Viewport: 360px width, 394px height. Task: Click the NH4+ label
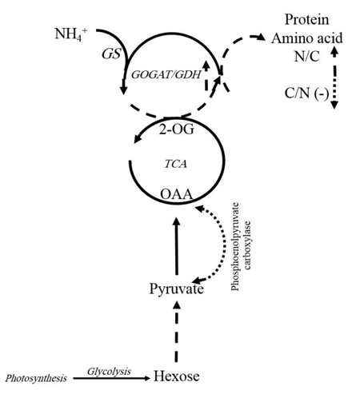click(70, 34)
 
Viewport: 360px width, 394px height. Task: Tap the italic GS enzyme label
click(111, 54)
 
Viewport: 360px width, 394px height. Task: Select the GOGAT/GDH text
click(166, 75)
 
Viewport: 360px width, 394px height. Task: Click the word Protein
click(306, 19)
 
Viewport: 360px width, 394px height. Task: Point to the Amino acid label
click(307, 38)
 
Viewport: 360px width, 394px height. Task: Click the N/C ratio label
click(306, 56)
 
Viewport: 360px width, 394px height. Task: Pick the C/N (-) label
click(306, 94)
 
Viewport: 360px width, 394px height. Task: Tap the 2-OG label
click(177, 129)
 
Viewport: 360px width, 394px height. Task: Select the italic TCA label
click(175, 164)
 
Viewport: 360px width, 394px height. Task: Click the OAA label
click(176, 194)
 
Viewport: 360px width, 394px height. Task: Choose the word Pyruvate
click(176, 289)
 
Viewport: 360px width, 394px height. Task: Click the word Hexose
click(176, 376)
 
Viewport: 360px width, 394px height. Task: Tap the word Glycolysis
click(109, 372)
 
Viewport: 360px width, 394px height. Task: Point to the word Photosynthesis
click(36, 378)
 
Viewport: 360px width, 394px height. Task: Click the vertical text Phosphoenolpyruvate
click(235, 247)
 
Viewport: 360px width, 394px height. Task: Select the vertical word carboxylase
click(247, 245)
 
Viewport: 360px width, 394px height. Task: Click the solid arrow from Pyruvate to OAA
click(176, 246)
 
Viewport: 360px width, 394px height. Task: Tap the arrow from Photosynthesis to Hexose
click(112, 378)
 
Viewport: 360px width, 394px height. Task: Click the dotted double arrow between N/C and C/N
click(334, 78)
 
